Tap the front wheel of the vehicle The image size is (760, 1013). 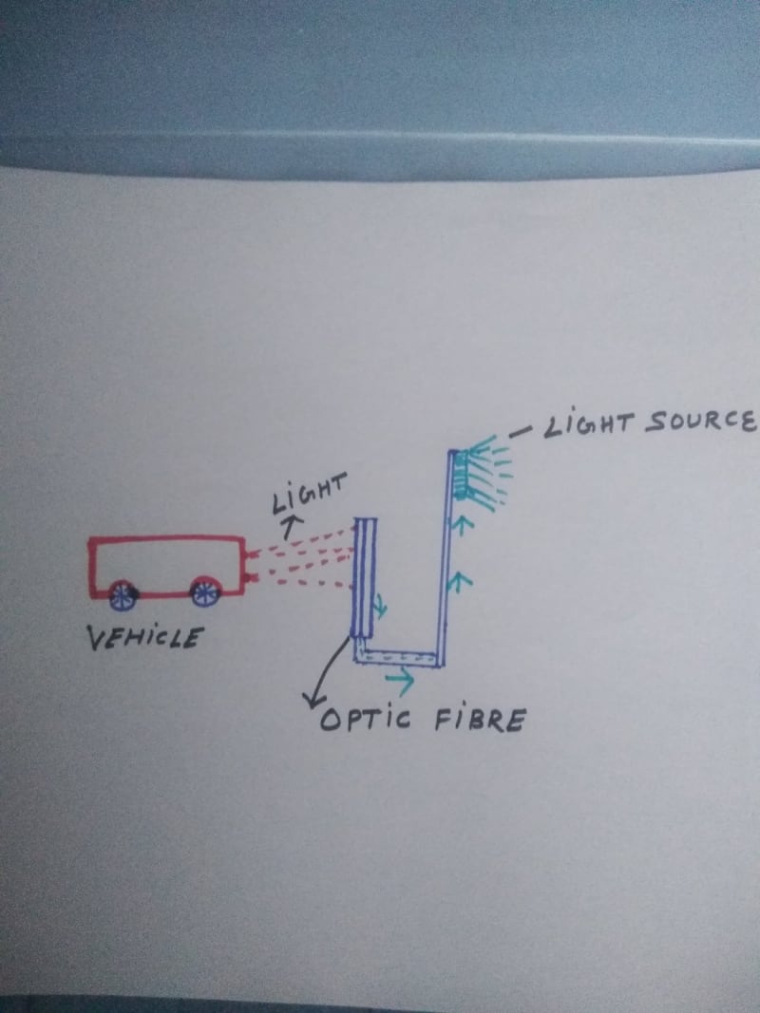pyautogui.click(x=204, y=593)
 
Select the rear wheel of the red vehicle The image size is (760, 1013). pyautogui.click(x=121, y=595)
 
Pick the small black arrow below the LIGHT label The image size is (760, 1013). pyautogui.click(x=291, y=519)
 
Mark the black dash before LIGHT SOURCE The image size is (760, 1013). pyautogui.click(x=520, y=432)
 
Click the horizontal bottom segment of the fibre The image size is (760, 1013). pyautogui.click(x=399, y=657)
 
